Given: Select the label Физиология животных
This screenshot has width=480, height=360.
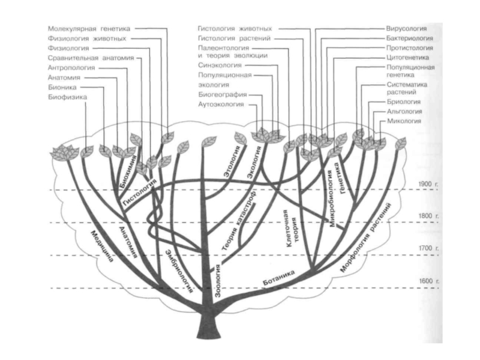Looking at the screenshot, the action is (86, 38).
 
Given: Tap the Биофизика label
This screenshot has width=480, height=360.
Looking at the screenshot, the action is (67, 96).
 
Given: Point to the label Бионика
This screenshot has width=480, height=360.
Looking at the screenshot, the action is (62, 86).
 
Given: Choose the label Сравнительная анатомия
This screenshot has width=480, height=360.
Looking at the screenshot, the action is (90, 58).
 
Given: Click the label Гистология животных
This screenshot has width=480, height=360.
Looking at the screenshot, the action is (235, 28).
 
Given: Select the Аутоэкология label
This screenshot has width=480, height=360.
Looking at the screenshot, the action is (220, 104).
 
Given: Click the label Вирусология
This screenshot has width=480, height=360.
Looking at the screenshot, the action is (406, 28).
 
